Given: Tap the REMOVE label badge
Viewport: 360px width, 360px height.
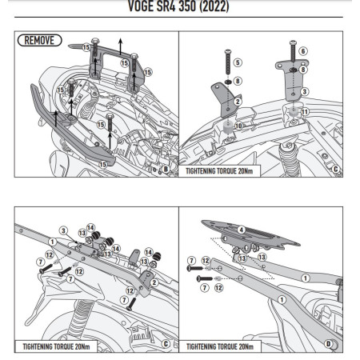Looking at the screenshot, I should coord(38,40).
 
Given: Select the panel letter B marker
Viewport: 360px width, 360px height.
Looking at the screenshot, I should coord(165,170).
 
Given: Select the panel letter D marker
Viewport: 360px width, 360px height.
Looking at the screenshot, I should coord(328,344).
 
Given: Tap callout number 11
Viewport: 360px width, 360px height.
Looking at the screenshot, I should coord(304,112).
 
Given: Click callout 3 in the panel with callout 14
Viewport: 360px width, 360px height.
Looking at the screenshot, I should coord(62,230).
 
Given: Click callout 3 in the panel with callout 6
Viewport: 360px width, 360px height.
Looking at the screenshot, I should coord(304,92).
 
